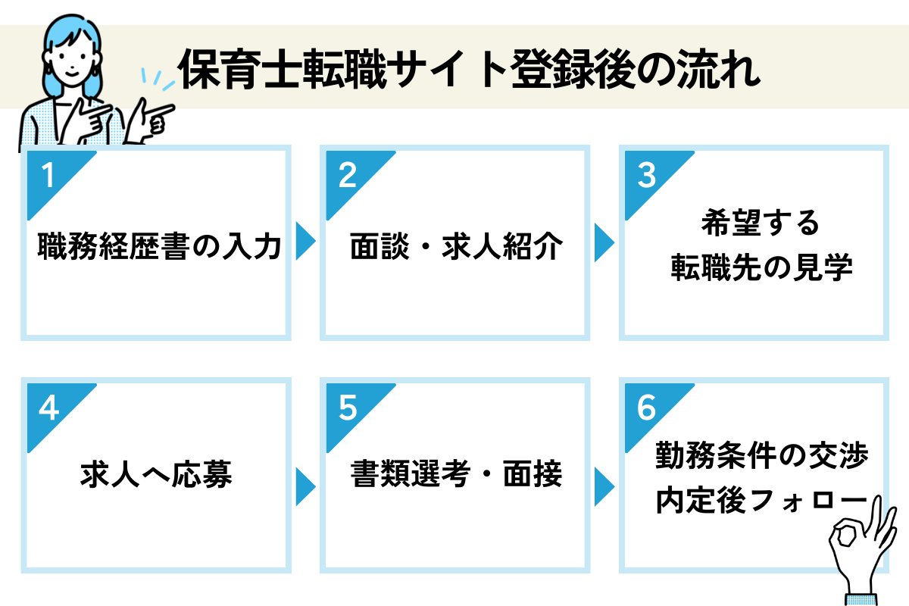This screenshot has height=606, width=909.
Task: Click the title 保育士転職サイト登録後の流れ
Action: [469, 69]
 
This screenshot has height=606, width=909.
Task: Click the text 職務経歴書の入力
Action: [159, 246]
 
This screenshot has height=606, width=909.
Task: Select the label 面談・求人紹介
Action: [457, 246]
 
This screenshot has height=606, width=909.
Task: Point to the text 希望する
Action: [761, 223]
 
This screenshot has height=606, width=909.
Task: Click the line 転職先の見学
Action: [761, 267]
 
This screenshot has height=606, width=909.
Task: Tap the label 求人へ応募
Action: [156, 474]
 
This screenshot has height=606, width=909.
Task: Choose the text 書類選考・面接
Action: [457, 473]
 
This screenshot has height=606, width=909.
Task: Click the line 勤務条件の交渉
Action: [762, 455]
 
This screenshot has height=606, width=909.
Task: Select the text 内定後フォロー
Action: [761, 500]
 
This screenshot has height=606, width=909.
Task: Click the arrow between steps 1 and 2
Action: [305, 241]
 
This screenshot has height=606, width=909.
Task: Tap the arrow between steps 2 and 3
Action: [604, 242]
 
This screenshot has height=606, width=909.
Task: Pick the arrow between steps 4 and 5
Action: [305, 486]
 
